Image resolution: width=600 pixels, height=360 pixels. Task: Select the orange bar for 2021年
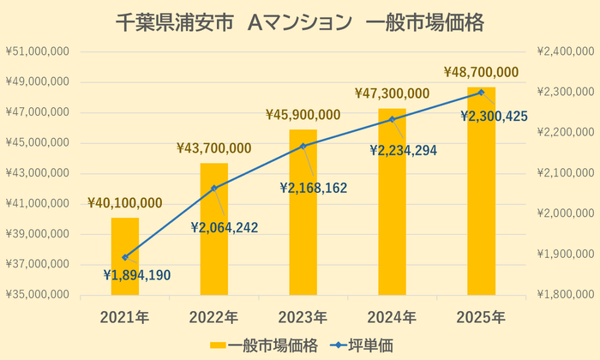coord(125,257)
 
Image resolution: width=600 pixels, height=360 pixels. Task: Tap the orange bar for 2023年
coord(303,214)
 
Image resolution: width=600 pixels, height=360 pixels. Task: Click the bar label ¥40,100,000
coord(125,203)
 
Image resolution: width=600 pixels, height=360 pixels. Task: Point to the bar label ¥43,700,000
coord(214,148)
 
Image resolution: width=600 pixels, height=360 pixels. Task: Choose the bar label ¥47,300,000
coord(393,93)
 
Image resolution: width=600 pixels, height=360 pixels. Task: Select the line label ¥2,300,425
coord(494,115)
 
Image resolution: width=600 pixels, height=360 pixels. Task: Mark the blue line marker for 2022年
coord(214,188)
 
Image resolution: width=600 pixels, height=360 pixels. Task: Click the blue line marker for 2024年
coord(393,119)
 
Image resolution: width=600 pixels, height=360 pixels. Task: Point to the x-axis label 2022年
coord(214,317)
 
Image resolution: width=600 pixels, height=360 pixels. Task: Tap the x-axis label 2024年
coord(393,317)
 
